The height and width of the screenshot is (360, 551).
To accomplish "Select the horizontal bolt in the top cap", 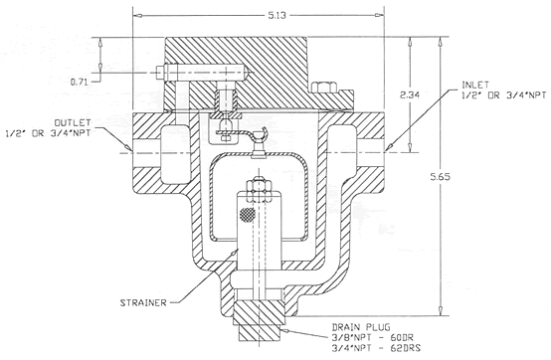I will (x=199, y=73).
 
